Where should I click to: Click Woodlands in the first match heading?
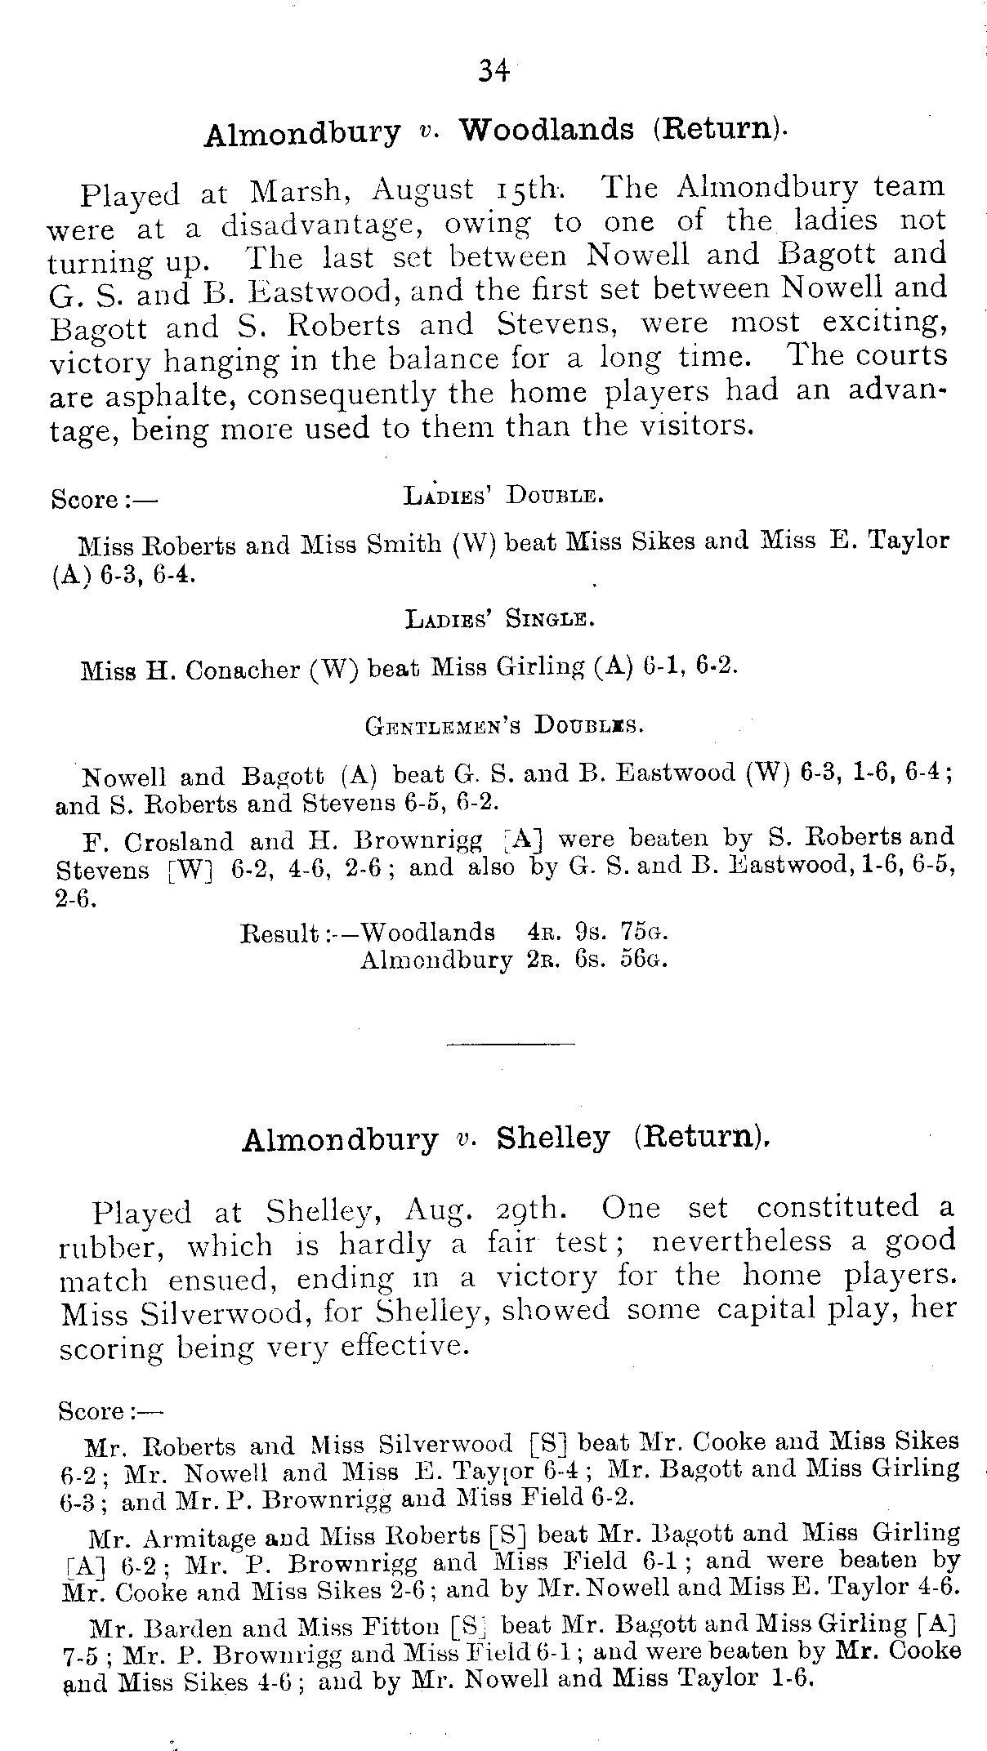click(x=547, y=130)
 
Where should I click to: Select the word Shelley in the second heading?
click(x=553, y=1138)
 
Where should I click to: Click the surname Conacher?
click(x=242, y=671)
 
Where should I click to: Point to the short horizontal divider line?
click(x=511, y=1043)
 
